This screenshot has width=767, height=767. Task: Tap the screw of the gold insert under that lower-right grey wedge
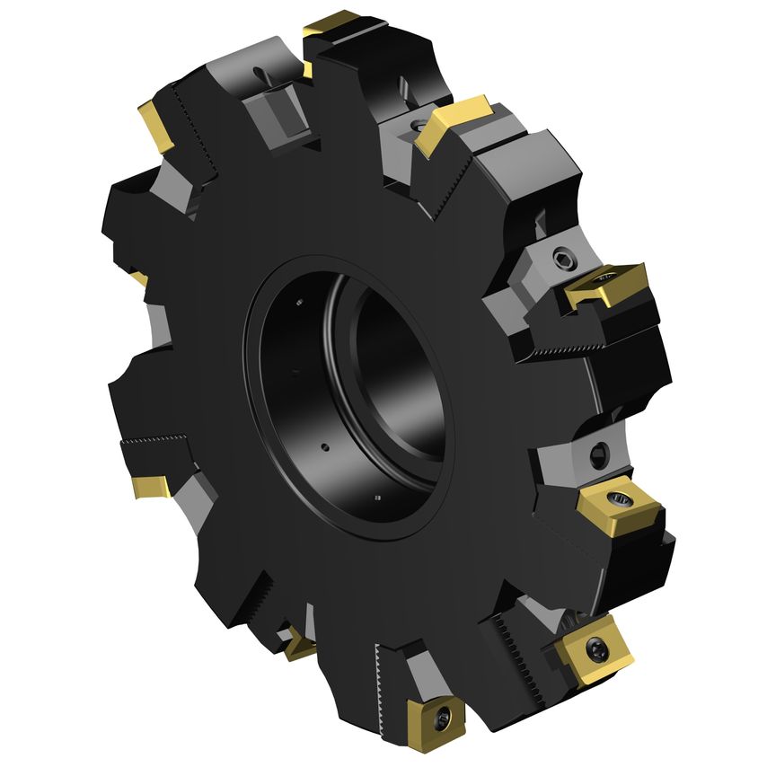(619, 497)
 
